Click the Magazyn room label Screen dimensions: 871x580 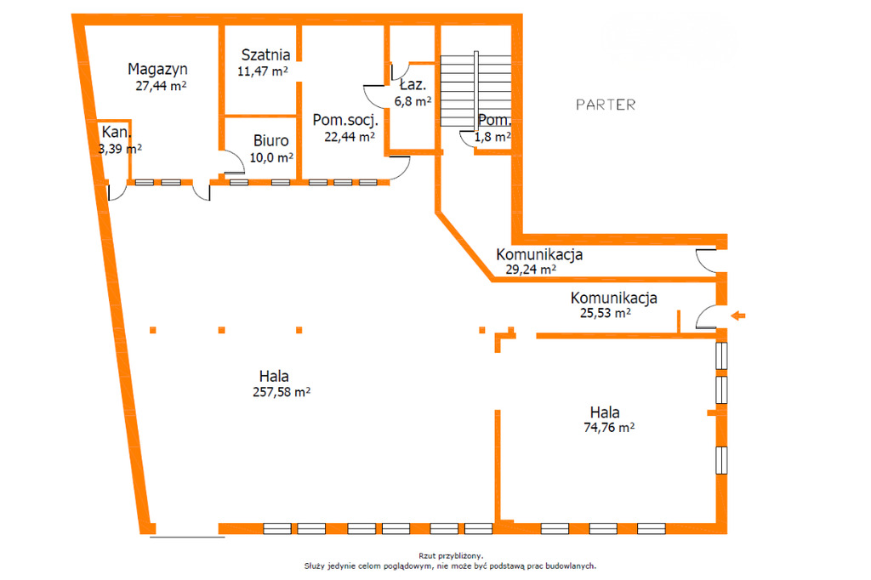pos(157,70)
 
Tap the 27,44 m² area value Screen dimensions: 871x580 pos(161,86)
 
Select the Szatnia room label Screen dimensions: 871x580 pos(265,54)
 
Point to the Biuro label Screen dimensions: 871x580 pos(271,140)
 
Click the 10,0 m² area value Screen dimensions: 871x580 pos(271,158)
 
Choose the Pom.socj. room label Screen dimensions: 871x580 pos(345,120)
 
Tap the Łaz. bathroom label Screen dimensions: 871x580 pos(413,84)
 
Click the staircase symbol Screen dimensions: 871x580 pos(475,90)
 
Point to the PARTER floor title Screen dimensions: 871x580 pos(606,105)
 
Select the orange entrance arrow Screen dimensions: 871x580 pos(737,316)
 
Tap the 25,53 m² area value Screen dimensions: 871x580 pos(605,313)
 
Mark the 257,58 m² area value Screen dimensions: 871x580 pos(281,392)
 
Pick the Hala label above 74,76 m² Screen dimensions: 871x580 pos(605,412)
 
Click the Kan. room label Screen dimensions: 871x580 pos(117,132)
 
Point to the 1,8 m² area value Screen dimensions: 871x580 pos(492,137)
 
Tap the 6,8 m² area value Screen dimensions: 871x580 pos(413,102)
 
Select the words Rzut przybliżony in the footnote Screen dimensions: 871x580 pos(451,555)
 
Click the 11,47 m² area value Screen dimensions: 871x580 pos(262,71)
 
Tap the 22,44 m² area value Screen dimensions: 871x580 pos(350,137)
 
